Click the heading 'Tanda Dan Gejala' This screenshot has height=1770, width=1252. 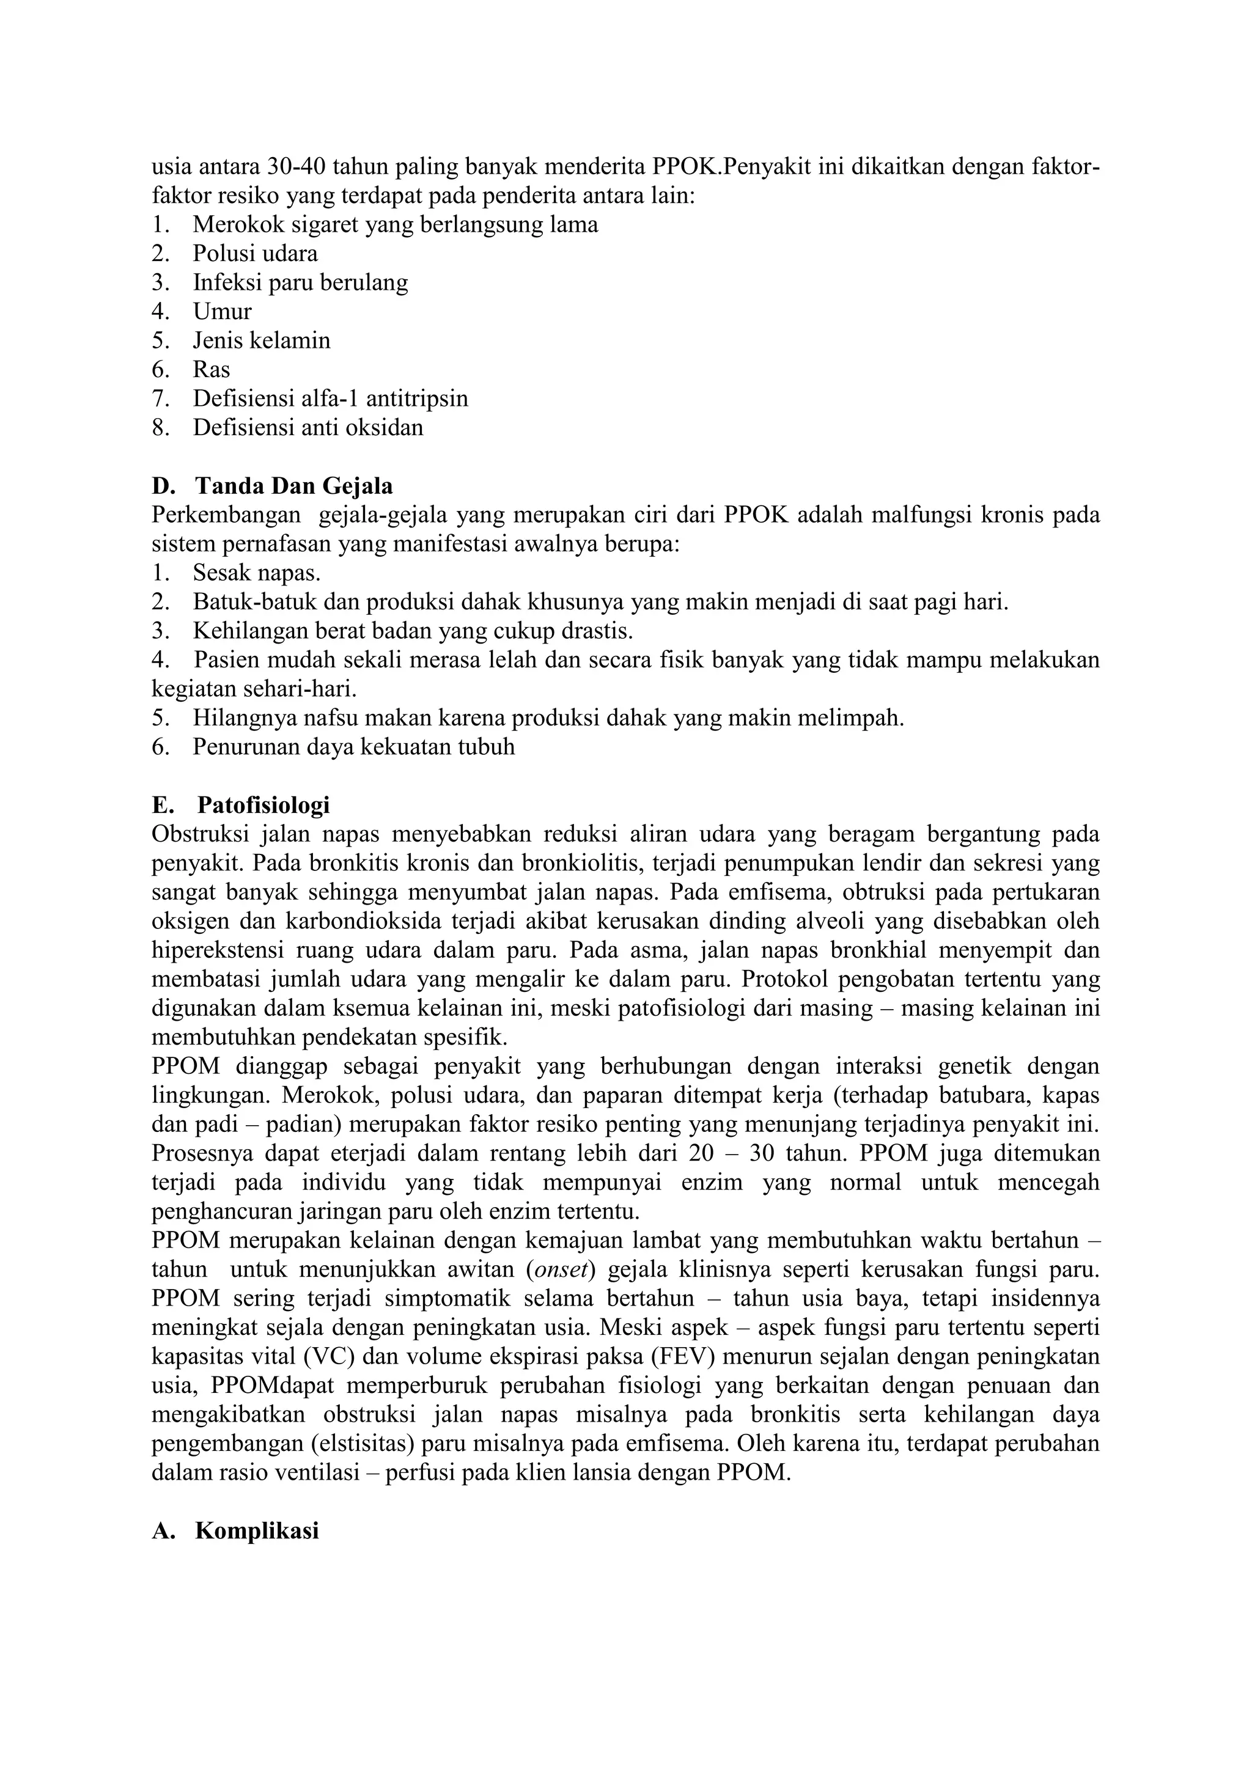coord(293,487)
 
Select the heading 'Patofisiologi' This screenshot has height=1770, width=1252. coord(263,805)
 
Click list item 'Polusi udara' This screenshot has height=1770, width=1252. coord(255,254)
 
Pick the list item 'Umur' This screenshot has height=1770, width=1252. coord(222,312)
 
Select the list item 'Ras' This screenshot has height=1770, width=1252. coord(212,369)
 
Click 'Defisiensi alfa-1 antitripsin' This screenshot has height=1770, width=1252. coord(330,398)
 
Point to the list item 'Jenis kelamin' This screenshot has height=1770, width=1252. coord(262,341)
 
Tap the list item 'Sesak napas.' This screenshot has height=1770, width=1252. coord(257,573)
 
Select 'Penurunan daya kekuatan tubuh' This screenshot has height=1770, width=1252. coord(353,747)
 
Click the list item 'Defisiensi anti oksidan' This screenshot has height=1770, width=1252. coord(307,428)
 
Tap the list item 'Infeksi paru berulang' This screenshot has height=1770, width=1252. coord(300,283)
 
